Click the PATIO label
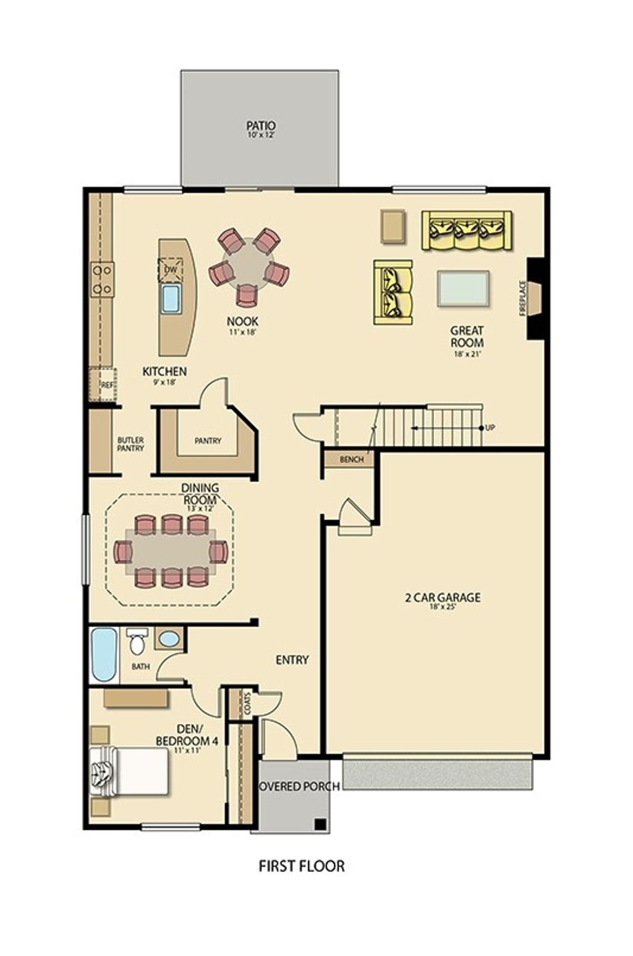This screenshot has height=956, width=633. (261, 126)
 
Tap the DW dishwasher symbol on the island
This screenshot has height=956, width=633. (171, 270)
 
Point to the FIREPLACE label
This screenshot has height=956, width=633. (523, 299)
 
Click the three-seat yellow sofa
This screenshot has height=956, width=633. (467, 230)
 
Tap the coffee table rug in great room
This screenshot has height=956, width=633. (463, 288)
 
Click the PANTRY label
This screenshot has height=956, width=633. (208, 441)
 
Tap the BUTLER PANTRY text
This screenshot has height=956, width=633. (130, 444)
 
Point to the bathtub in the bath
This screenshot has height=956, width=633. (104, 654)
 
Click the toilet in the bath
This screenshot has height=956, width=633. (137, 642)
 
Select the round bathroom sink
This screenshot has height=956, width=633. (168, 639)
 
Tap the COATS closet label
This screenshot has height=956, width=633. (248, 704)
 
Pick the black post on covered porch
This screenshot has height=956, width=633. (320, 824)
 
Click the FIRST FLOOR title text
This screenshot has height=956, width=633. (302, 866)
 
